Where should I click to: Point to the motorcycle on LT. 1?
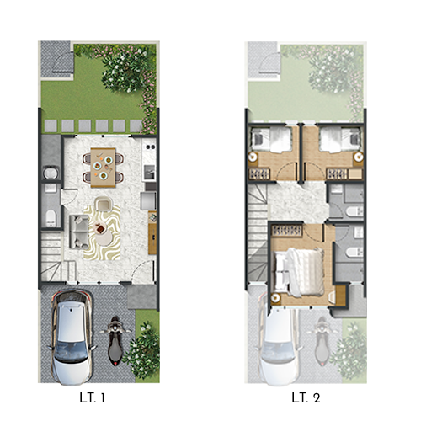(116, 341)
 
